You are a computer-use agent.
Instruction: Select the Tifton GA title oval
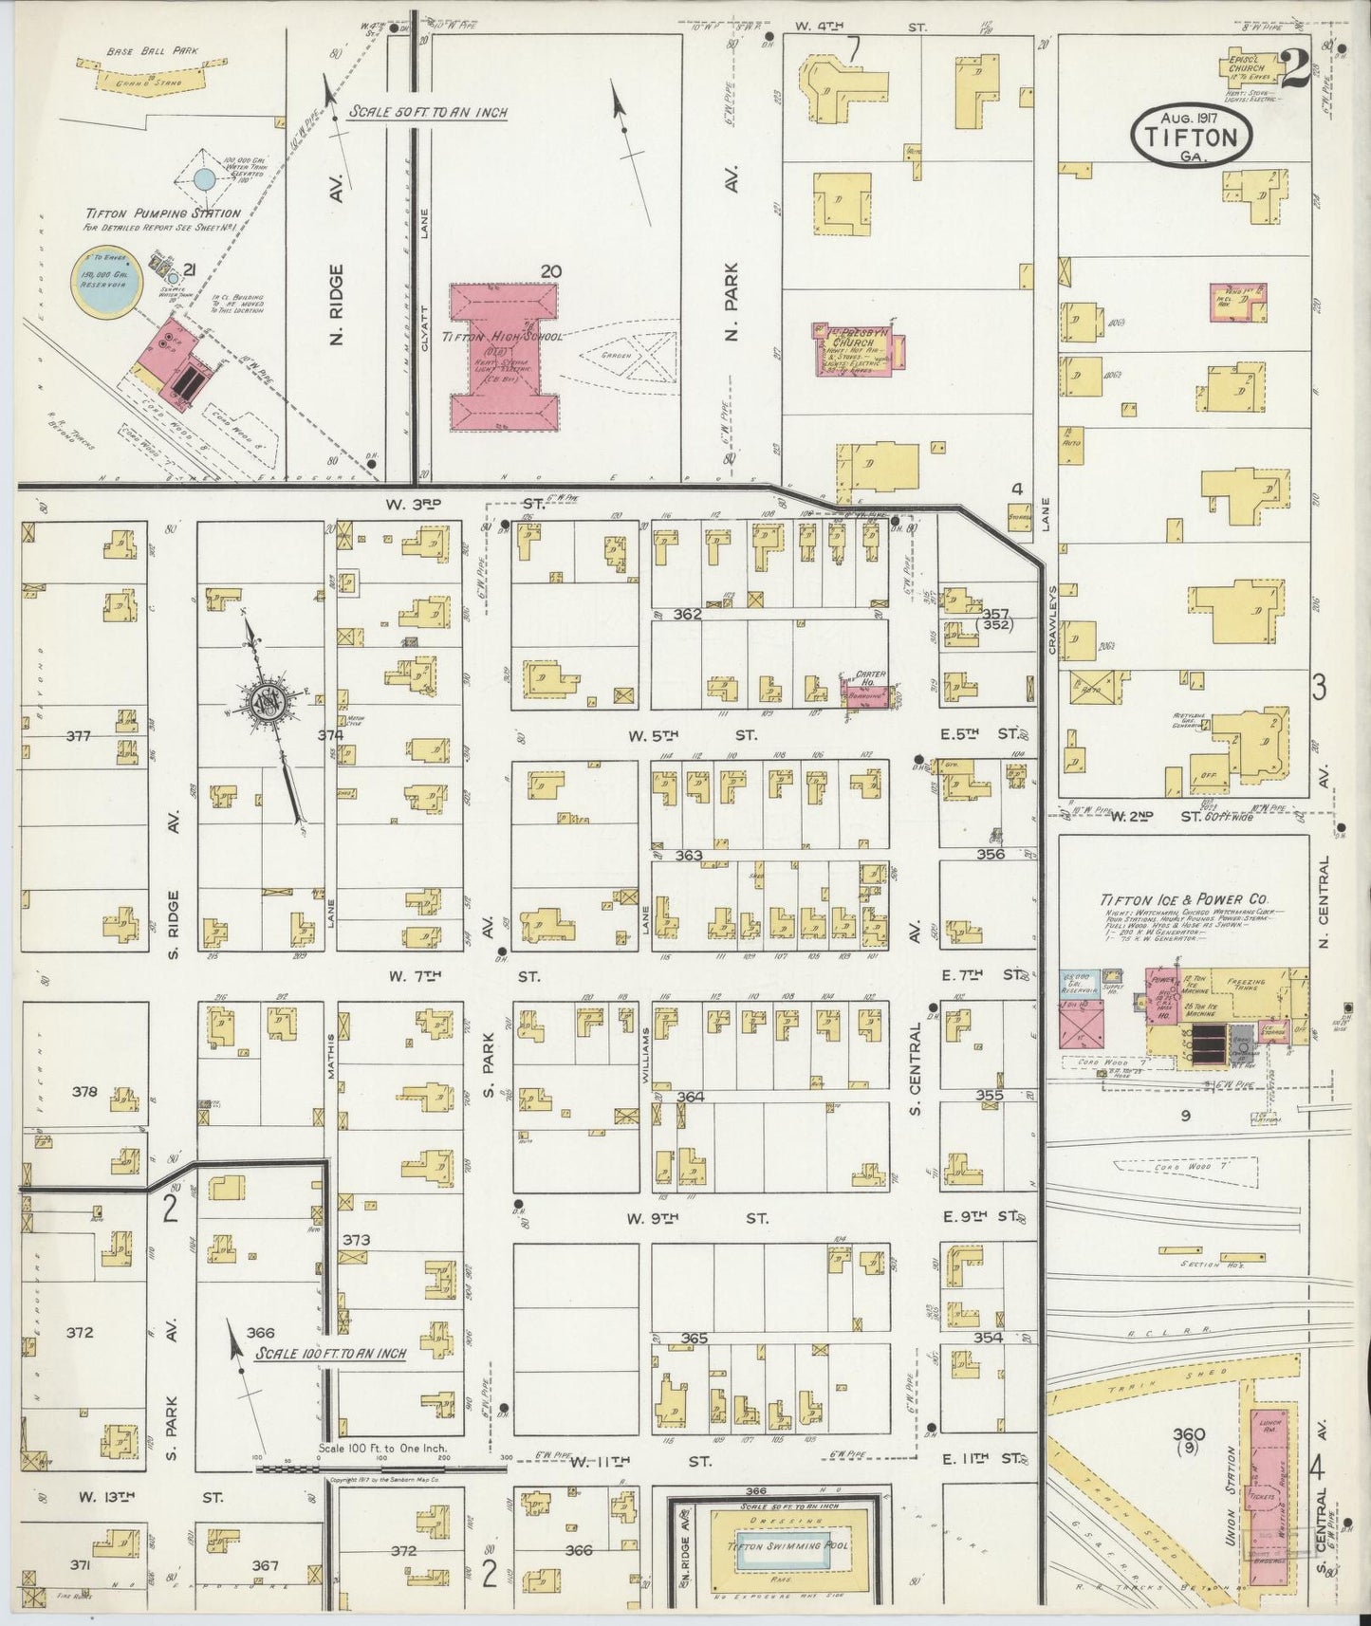pyautogui.click(x=1191, y=136)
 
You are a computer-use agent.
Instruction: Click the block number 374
pyautogui.click(x=330, y=734)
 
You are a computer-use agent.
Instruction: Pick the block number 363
pyautogui.click(x=689, y=856)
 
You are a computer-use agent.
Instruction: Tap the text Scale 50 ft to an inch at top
pyautogui.click(x=427, y=111)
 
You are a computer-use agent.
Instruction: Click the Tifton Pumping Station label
pyautogui.click(x=161, y=214)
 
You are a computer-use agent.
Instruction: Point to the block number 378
pyautogui.click(x=84, y=1091)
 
